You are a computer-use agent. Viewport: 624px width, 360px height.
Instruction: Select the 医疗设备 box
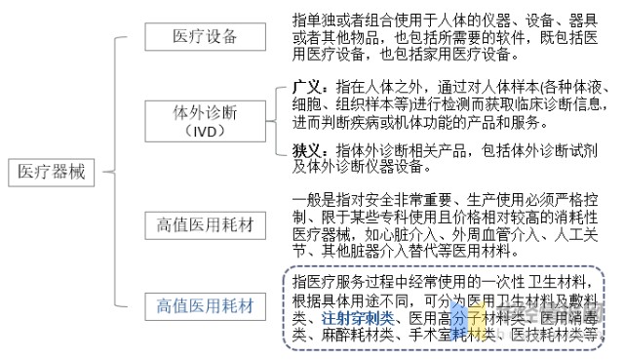pos(205,37)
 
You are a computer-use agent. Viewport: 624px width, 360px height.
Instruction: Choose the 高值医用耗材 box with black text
pos(205,226)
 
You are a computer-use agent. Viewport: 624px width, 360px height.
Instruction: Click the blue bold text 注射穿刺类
pos(358,316)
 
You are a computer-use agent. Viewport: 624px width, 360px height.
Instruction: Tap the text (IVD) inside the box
pos(205,131)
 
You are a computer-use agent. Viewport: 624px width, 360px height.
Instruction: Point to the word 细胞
pos(307,103)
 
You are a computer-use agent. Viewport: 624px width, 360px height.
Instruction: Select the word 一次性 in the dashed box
pos(496,282)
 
